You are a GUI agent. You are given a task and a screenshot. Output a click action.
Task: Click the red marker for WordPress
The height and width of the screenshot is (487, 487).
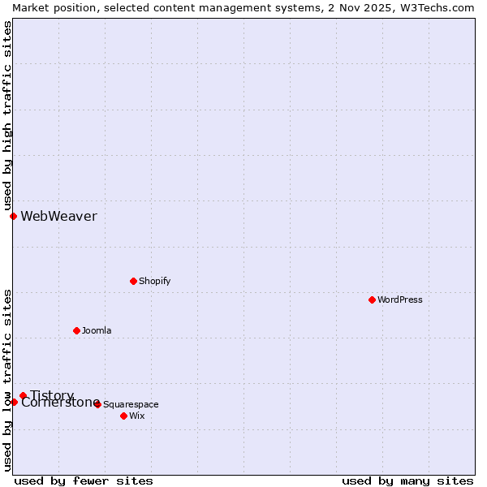click(372, 300)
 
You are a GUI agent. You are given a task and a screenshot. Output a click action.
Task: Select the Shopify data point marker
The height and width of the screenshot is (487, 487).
click(133, 281)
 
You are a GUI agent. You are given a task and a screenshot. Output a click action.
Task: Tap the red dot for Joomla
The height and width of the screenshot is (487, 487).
click(76, 330)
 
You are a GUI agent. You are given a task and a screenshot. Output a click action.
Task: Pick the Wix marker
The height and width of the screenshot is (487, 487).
click(123, 416)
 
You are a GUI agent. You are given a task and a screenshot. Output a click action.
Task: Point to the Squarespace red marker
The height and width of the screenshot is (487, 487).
click(97, 404)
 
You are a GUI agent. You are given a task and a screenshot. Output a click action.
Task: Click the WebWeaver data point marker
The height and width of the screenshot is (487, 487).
click(13, 216)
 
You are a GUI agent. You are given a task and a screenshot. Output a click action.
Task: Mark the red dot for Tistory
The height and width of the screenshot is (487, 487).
click(23, 395)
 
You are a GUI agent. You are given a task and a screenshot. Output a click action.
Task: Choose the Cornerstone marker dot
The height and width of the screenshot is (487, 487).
click(14, 402)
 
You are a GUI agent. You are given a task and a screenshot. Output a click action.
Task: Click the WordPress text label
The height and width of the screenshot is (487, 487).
click(400, 300)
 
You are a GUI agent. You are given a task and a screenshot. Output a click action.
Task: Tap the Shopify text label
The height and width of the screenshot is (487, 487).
click(154, 281)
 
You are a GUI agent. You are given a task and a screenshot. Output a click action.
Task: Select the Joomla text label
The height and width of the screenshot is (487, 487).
click(97, 330)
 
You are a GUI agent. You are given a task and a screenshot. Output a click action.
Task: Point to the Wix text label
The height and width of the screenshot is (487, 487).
click(136, 416)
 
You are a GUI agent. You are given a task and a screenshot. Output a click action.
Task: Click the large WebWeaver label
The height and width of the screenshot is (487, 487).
click(58, 216)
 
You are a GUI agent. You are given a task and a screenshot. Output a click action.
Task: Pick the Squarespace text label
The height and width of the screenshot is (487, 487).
click(131, 404)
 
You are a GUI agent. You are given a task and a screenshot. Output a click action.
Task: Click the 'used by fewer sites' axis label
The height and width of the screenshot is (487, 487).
click(84, 481)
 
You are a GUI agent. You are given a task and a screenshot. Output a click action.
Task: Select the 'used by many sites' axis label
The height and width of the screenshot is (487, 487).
click(407, 481)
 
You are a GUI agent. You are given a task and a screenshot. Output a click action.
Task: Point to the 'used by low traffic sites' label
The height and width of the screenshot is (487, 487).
click(7, 380)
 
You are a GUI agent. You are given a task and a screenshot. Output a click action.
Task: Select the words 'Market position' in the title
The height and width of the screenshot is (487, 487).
click(50, 7)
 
